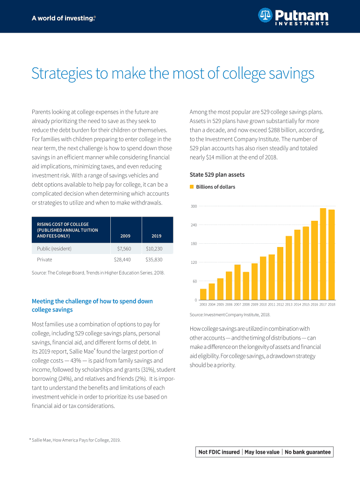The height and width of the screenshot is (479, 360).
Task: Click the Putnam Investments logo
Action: pos(293,18)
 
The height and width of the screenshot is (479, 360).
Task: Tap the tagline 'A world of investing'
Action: pos(64,18)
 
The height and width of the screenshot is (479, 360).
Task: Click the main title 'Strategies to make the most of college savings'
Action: pos(173,74)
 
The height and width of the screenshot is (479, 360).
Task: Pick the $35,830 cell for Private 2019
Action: pos(154,259)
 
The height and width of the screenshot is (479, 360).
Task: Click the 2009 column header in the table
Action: pos(125,236)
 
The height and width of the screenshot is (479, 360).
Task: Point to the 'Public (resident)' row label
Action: pos(54,248)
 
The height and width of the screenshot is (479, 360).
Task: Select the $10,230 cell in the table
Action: pos(154,248)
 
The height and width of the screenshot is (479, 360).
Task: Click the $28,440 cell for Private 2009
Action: pos(122,259)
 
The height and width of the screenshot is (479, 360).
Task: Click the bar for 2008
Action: pos(246,286)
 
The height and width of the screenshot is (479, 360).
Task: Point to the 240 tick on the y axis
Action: pos(194,225)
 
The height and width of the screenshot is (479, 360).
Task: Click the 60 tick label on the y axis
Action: pos(194,281)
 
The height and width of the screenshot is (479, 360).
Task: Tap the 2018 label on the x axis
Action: pos(331,305)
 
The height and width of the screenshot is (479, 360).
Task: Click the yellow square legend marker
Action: pos(191,187)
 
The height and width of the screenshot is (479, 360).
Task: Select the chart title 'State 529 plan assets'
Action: pos(217,175)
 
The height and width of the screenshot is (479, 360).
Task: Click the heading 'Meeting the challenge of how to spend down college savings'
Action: pos(92,305)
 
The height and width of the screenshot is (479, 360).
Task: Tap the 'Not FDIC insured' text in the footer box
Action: pos(219,452)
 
